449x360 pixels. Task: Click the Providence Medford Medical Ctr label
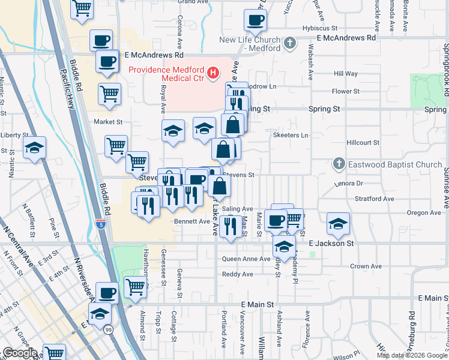pos(166,69)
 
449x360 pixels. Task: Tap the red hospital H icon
pos(212,74)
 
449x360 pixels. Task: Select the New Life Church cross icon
pos(291,43)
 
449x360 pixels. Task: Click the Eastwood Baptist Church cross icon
pos(339,163)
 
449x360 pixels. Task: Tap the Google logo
pos(19,353)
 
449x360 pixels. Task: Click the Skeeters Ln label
pos(290,136)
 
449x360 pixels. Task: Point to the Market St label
pos(108,121)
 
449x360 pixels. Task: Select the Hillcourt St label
pos(363,143)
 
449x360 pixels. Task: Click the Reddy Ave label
pos(238,274)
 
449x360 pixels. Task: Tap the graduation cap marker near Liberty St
pos(34,146)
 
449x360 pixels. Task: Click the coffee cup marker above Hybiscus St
pos(255,20)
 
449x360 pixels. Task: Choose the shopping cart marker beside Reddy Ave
pos(135,287)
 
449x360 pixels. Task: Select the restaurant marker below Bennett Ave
pos(231,226)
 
